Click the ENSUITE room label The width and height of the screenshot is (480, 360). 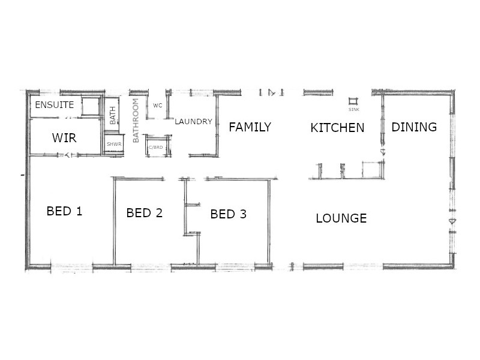click(54, 105)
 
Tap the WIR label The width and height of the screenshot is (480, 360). click(64, 138)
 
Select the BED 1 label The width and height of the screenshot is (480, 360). click(64, 211)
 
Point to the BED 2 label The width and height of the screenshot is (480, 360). click(145, 213)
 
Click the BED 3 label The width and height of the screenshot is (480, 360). click(228, 214)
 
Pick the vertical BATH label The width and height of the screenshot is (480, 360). click(113, 115)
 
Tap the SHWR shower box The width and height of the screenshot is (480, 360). click(113, 145)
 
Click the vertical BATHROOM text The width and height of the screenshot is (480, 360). click(136, 120)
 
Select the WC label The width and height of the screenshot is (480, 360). click(158, 106)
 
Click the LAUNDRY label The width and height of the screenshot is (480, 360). click(193, 122)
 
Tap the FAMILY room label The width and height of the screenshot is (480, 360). click(250, 127)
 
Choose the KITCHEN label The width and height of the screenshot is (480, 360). click(337, 128)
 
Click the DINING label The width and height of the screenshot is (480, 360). click(414, 127)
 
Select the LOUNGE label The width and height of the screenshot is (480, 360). click(341, 218)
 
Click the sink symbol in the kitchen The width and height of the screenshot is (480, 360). click(353, 101)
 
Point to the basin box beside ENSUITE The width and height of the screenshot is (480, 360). click(91, 106)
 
